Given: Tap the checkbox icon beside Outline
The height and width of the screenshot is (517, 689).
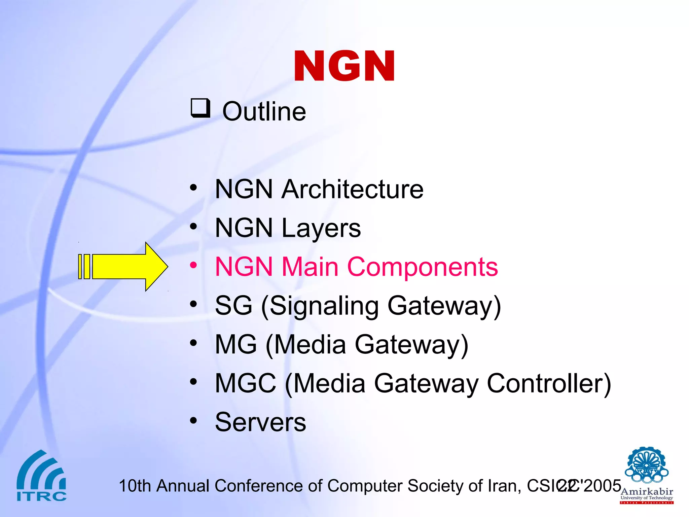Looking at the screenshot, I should coord(201,108).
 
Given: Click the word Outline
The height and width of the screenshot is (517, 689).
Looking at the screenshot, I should coord(264,111).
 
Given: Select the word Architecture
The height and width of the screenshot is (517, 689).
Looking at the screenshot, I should coord(353,189).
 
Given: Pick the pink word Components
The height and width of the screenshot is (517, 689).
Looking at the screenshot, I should coord(422,267).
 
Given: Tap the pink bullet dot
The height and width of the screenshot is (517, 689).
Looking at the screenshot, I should coord(193,265).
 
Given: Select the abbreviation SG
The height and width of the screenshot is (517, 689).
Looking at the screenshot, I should coord(233,306).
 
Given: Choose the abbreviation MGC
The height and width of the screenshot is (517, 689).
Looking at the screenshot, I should coord(246,383).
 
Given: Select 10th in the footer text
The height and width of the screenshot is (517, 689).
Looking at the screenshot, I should coord(135,486).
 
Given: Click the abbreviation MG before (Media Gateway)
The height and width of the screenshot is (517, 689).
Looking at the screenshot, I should coord(236,345).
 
